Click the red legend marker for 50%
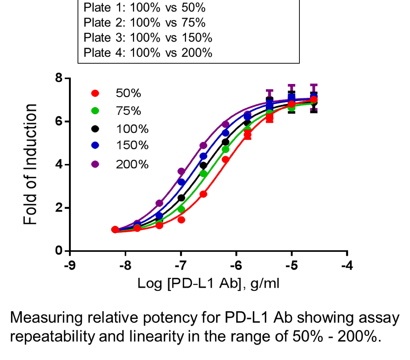click(95, 93)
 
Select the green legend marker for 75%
click(95, 111)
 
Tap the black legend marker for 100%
click(95, 128)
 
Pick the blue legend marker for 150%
click(95, 145)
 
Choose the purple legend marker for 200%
click(95, 164)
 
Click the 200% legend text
click(132, 164)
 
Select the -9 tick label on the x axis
click(71, 266)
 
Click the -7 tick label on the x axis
click(182, 266)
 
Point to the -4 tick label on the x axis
click(348, 266)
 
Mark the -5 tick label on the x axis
click(292, 266)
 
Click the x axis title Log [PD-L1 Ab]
click(208, 284)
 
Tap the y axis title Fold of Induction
click(30, 164)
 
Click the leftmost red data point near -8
click(115, 229)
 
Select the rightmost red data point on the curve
click(314, 100)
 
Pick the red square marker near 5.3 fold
click(247, 135)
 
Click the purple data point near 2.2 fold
click(159, 203)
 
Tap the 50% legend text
click(128, 93)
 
